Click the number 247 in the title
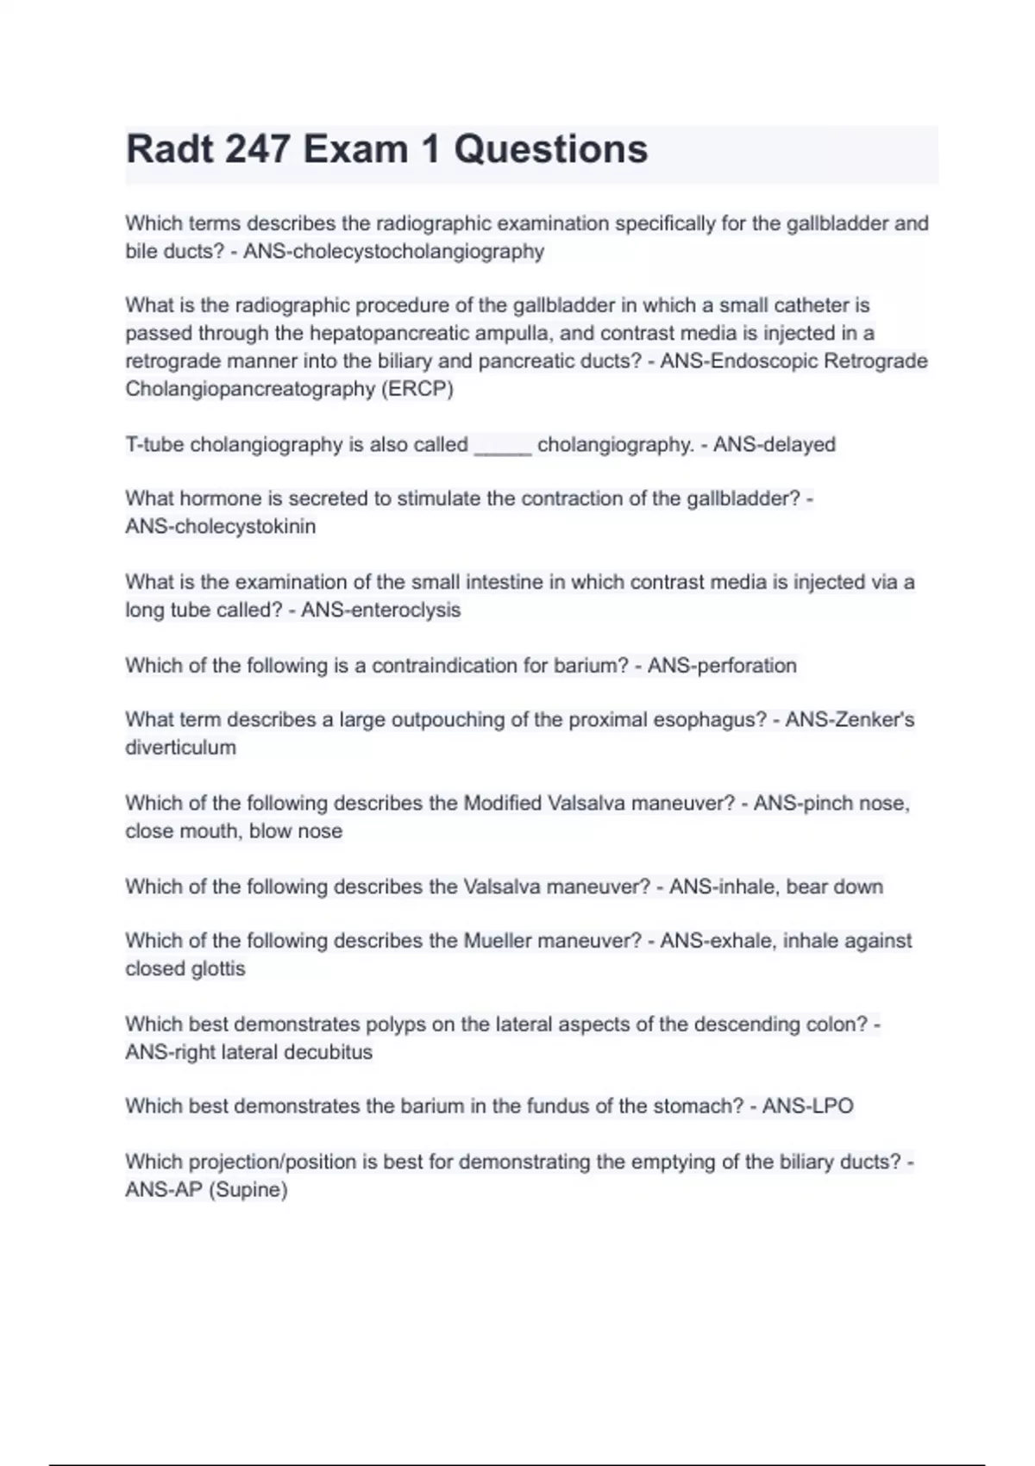click(258, 149)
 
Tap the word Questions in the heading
click(550, 149)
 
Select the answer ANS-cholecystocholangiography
click(394, 252)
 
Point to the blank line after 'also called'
click(502, 445)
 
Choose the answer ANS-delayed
click(775, 445)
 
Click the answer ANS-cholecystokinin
click(221, 526)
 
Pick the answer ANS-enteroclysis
click(380, 610)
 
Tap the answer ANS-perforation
click(722, 666)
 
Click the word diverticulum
click(180, 748)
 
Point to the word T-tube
click(154, 445)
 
